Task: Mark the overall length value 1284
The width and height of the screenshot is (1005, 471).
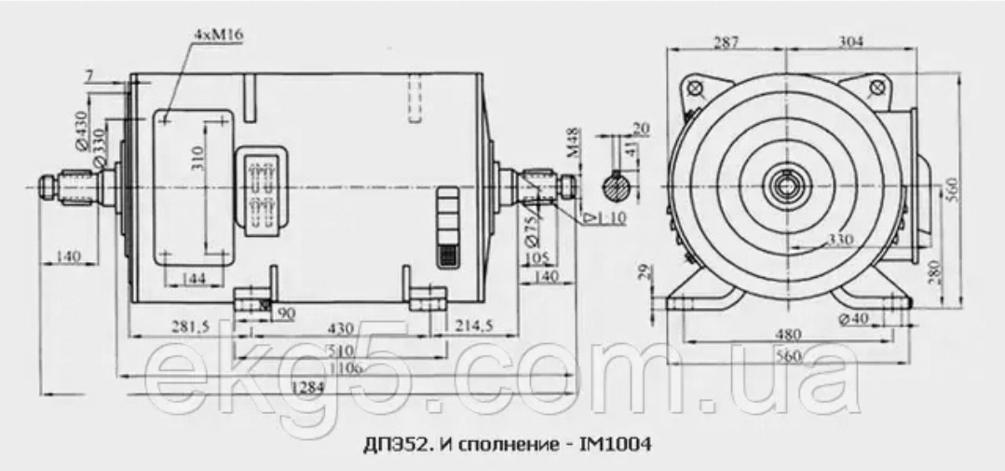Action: pyautogui.click(x=309, y=387)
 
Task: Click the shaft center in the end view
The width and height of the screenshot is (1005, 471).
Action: pyautogui.click(x=788, y=185)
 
